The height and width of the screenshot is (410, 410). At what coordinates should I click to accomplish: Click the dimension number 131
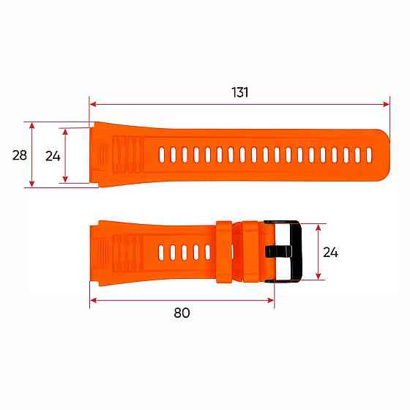240,92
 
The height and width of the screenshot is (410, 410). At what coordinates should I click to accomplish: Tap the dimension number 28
20,154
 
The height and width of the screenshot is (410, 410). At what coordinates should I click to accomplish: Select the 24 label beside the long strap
53,154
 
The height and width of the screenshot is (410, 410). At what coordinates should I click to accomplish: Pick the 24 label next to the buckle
331,252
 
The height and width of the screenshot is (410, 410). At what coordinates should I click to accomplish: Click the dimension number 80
182,313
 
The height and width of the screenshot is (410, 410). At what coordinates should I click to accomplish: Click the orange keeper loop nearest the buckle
247,250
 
